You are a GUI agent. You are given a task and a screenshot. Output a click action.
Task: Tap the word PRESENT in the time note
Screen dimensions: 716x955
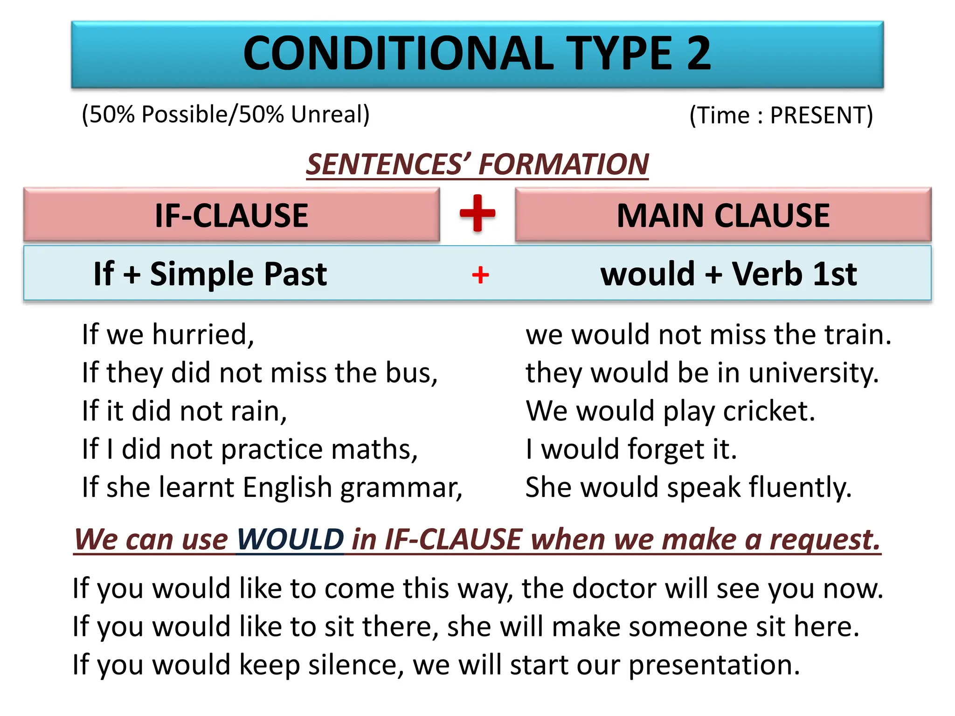point(821,115)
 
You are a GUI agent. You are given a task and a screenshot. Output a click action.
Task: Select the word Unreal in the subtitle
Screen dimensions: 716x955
point(330,114)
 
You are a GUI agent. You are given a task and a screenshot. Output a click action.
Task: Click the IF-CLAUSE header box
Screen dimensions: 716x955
point(231,215)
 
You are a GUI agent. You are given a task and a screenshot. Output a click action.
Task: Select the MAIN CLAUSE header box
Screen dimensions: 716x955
point(723,215)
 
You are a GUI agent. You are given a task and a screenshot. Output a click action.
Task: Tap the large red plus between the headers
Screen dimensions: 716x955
point(477,213)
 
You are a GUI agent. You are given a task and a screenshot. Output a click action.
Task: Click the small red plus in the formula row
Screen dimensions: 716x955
point(480,275)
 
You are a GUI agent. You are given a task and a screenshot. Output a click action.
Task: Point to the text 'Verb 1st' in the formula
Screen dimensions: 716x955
point(794,274)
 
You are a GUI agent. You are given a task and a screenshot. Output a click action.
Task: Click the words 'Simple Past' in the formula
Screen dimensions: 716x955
point(238,274)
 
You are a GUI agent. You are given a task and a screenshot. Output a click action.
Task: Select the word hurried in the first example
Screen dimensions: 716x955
point(203,335)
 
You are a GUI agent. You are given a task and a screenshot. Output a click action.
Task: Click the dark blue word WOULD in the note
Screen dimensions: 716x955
point(290,539)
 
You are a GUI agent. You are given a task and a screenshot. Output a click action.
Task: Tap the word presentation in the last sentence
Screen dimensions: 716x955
point(714,665)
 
